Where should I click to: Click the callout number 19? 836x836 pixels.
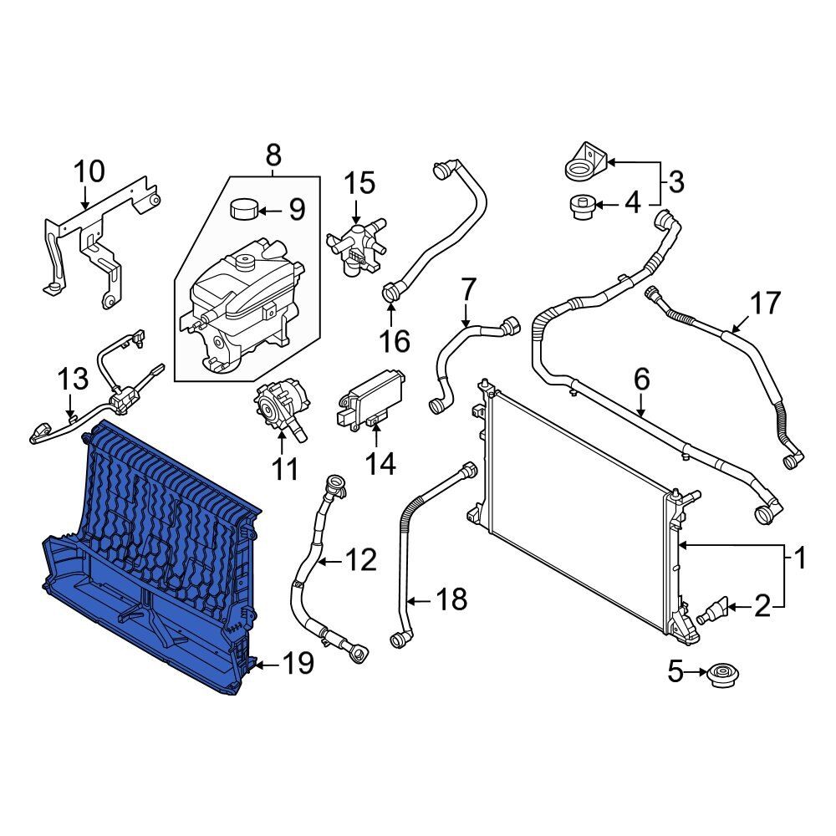298,664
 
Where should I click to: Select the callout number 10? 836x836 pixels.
89,172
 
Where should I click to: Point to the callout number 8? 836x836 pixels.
273,155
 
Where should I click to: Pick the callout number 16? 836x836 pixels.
395,340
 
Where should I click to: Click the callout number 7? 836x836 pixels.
468,290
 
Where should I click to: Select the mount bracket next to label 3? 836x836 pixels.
584,161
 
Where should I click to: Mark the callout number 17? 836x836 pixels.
766,303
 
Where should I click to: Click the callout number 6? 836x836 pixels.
641,379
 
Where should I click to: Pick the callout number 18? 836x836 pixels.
451,599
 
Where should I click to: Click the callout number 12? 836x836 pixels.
361,560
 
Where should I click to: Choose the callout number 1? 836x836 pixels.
800,558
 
